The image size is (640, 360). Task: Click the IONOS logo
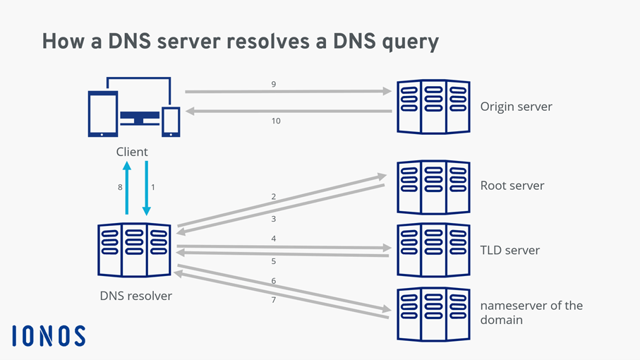[49, 336]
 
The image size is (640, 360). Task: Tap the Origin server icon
[433, 107]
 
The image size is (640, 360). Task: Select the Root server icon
[433, 187]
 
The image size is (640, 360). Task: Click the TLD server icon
[433, 249]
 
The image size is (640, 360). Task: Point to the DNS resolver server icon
[135, 250]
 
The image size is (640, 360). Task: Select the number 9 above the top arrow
[273, 84]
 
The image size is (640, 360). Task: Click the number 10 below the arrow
[276, 121]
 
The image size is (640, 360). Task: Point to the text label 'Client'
[132, 152]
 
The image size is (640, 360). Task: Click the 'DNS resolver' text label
[135, 296]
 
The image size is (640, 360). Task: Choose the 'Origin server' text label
[516, 107]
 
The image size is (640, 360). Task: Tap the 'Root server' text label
[512, 186]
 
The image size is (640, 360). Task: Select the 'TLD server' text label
[509, 250]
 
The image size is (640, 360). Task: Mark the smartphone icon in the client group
[171, 121]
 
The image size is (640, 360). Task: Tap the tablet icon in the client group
[102, 114]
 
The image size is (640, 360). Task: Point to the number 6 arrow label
[273, 281]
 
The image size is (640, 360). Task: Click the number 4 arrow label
[273, 239]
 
